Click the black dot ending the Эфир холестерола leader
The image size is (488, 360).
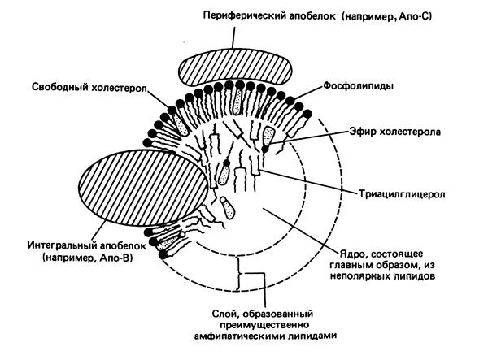[265, 149]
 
